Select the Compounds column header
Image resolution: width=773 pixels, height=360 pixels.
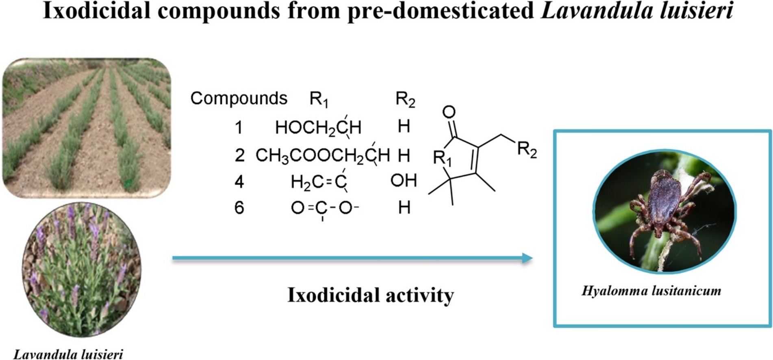(x=239, y=98)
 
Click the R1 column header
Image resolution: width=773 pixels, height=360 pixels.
(x=319, y=99)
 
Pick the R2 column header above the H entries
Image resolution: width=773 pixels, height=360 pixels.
(x=405, y=99)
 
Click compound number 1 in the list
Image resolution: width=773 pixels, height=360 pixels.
(x=239, y=128)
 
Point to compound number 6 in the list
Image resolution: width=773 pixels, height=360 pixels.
(x=239, y=208)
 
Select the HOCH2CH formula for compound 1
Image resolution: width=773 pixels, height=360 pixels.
(x=318, y=128)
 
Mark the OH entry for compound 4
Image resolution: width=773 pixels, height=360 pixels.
(x=404, y=180)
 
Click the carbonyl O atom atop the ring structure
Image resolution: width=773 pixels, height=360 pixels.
(x=449, y=112)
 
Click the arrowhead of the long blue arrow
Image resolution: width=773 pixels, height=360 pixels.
(x=527, y=258)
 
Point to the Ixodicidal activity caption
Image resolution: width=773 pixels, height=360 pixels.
(x=370, y=295)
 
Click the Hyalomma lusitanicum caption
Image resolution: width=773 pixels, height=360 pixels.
(x=651, y=291)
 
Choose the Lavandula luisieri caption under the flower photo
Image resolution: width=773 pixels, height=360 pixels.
(x=68, y=354)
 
